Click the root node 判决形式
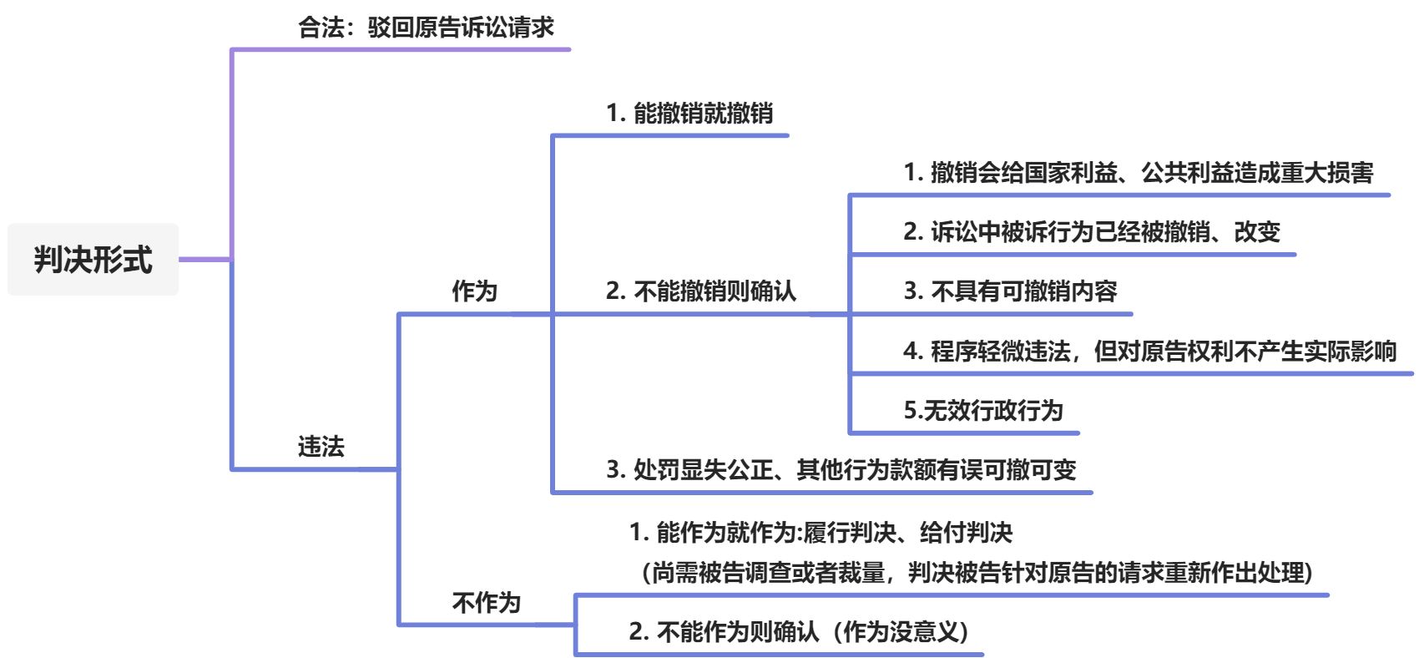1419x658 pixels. pyautogui.click(x=93, y=260)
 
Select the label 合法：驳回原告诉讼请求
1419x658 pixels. pyautogui.click(x=426, y=28)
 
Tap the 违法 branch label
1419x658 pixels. pyautogui.click(x=321, y=447)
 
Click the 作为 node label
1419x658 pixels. pyautogui.click(x=474, y=291)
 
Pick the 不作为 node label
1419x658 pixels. pyautogui.click(x=486, y=603)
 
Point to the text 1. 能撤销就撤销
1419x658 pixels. pyautogui.click(x=689, y=114)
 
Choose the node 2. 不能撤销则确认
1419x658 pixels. pyautogui.click(x=701, y=291)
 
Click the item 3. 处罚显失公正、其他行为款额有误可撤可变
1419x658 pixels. pyautogui.click(x=841, y=470)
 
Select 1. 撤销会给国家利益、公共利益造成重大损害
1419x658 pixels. pyautogui.click(x=1138, y=173)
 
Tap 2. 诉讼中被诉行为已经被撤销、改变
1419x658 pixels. pyautogui.click(x=1091, y=232)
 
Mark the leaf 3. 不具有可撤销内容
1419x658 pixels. pyautogui.click(x=1010, y=291)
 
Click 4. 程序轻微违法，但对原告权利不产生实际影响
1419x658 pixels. pyautogui.click(x=1149, y=352)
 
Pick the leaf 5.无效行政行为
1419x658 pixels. pyautogui.click(x=982, y=411)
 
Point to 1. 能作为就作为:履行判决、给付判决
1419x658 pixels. pyautogui.click(x=821, y=533)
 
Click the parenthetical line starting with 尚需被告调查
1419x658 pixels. pyautogui.click(x=977, y=573)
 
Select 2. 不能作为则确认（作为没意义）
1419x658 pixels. pyautogui.click(x=800, y=632)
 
